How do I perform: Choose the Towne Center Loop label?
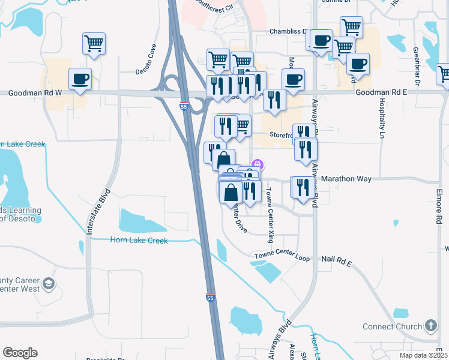coord(282,256)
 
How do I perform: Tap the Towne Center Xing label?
coord(270,214)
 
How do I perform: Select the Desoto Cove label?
coord(146,59)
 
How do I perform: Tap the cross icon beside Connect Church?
coord(430,326)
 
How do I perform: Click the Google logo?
coord(20,352)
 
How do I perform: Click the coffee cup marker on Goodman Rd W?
coord(79,79)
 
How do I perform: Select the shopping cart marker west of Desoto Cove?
coord(94,43)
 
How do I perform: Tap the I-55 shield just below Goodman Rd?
coord(184,106)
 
